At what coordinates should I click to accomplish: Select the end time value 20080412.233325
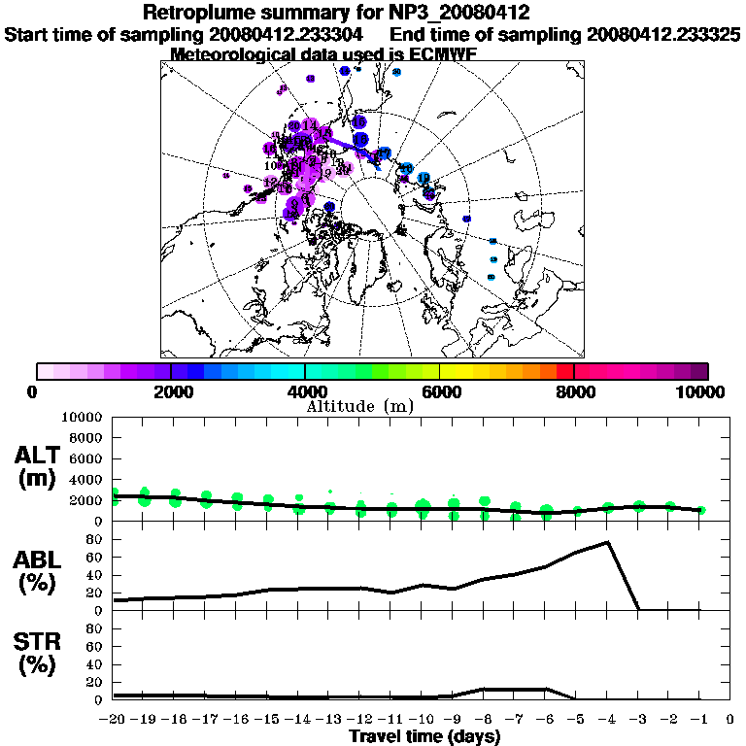(663, 34)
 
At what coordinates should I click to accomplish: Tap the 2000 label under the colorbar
(170, 391)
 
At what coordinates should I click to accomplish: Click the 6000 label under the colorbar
(440, 391)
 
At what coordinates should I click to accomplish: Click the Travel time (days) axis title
(424, 737)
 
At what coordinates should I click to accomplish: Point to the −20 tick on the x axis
(114, 720)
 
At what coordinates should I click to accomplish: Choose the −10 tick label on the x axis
(422, 720)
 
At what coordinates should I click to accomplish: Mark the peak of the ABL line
(607, 542)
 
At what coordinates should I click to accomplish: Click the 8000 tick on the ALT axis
(89, 437)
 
